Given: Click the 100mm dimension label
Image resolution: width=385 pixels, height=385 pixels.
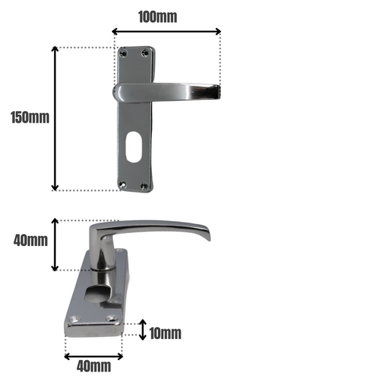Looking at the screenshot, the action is click(158, 17).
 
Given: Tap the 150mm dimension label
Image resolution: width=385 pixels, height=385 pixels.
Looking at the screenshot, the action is click(30, 117).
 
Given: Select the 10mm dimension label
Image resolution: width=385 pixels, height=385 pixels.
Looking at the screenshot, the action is click(165, 333).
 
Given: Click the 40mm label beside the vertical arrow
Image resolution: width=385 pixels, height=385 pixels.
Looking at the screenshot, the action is click(31, 241).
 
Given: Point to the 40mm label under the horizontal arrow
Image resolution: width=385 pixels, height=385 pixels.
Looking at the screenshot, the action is click(94, 366).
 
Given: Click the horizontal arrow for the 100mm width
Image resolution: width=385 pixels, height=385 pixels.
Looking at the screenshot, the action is click(166, 32).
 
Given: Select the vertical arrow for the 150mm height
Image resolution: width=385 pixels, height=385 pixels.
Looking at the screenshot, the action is click(55, 118).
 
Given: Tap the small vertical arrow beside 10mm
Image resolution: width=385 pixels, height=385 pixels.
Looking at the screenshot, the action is click(143, 329).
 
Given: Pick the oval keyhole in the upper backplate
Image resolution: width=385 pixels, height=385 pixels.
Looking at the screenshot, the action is click(132, 147).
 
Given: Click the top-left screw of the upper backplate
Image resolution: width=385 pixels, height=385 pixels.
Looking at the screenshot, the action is click(123, 53).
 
